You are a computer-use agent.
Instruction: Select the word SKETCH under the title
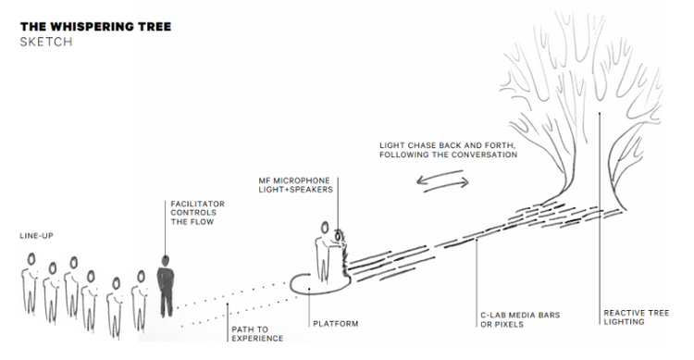point(44,43)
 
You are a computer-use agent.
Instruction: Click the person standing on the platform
point(324,251)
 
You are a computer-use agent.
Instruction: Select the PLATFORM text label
point(339,323)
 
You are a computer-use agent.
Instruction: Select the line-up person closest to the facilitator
point(141,292)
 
